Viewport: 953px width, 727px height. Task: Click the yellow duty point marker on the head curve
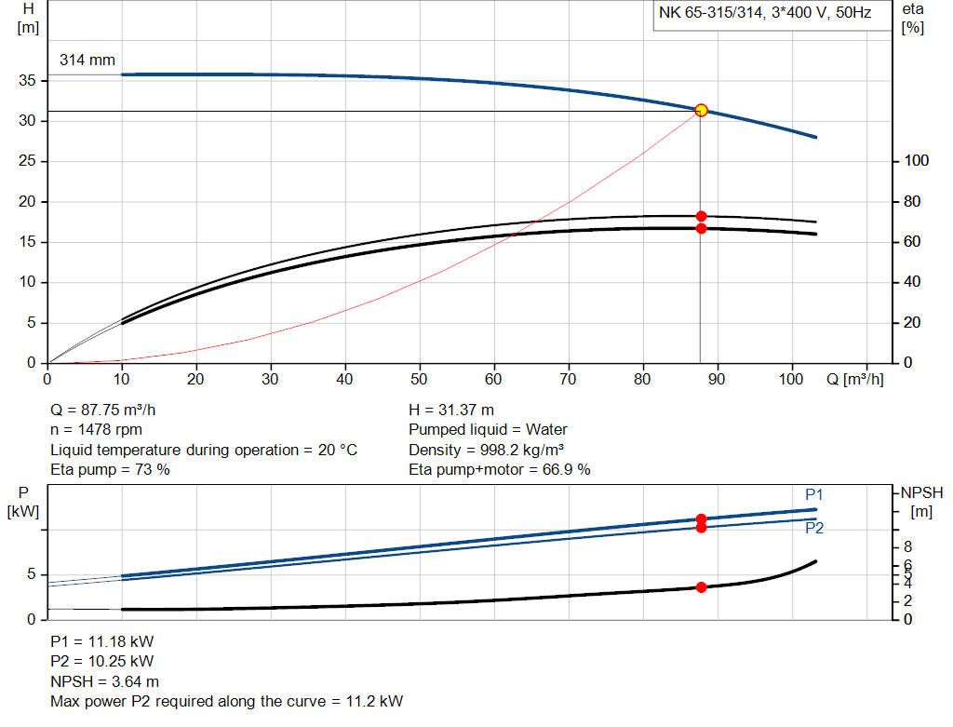pyautogui.click(x=701, y=110)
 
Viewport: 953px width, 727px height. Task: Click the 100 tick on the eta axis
pyautogui.click(x=916, y=161)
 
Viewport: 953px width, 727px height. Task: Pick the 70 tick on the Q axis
pyautogui.click(x=569, y=380)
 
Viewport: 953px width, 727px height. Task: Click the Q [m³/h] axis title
pyautogui.click(x=853, y=380)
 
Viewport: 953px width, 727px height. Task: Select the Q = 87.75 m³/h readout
pyautogui.click(x=110, y=410)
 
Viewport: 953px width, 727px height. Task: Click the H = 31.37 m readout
pyautogui.click(x=451, y=410)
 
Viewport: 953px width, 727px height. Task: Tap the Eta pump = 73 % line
pyautogui.click(x=110, y=470)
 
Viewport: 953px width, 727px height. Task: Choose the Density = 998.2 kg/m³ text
pyautogui.click(x=486, y=450)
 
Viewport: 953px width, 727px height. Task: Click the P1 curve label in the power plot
pyautogui.click(x=814, y=494)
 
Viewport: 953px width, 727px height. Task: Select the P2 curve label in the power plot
pyautogui.click(x=814, y=528)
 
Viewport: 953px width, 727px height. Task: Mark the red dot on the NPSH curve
pyautogui.click(x=701, y=587)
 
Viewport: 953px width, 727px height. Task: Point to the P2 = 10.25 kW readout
pyautogui.click(x=101, y=662)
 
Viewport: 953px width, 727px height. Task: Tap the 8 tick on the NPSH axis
pyautogui.click(x=908, y=546)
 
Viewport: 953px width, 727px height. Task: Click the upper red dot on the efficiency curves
pyautogui.click(x=701, y=216)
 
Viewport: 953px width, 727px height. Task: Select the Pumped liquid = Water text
pyautogui.click(x=488, y=430)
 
